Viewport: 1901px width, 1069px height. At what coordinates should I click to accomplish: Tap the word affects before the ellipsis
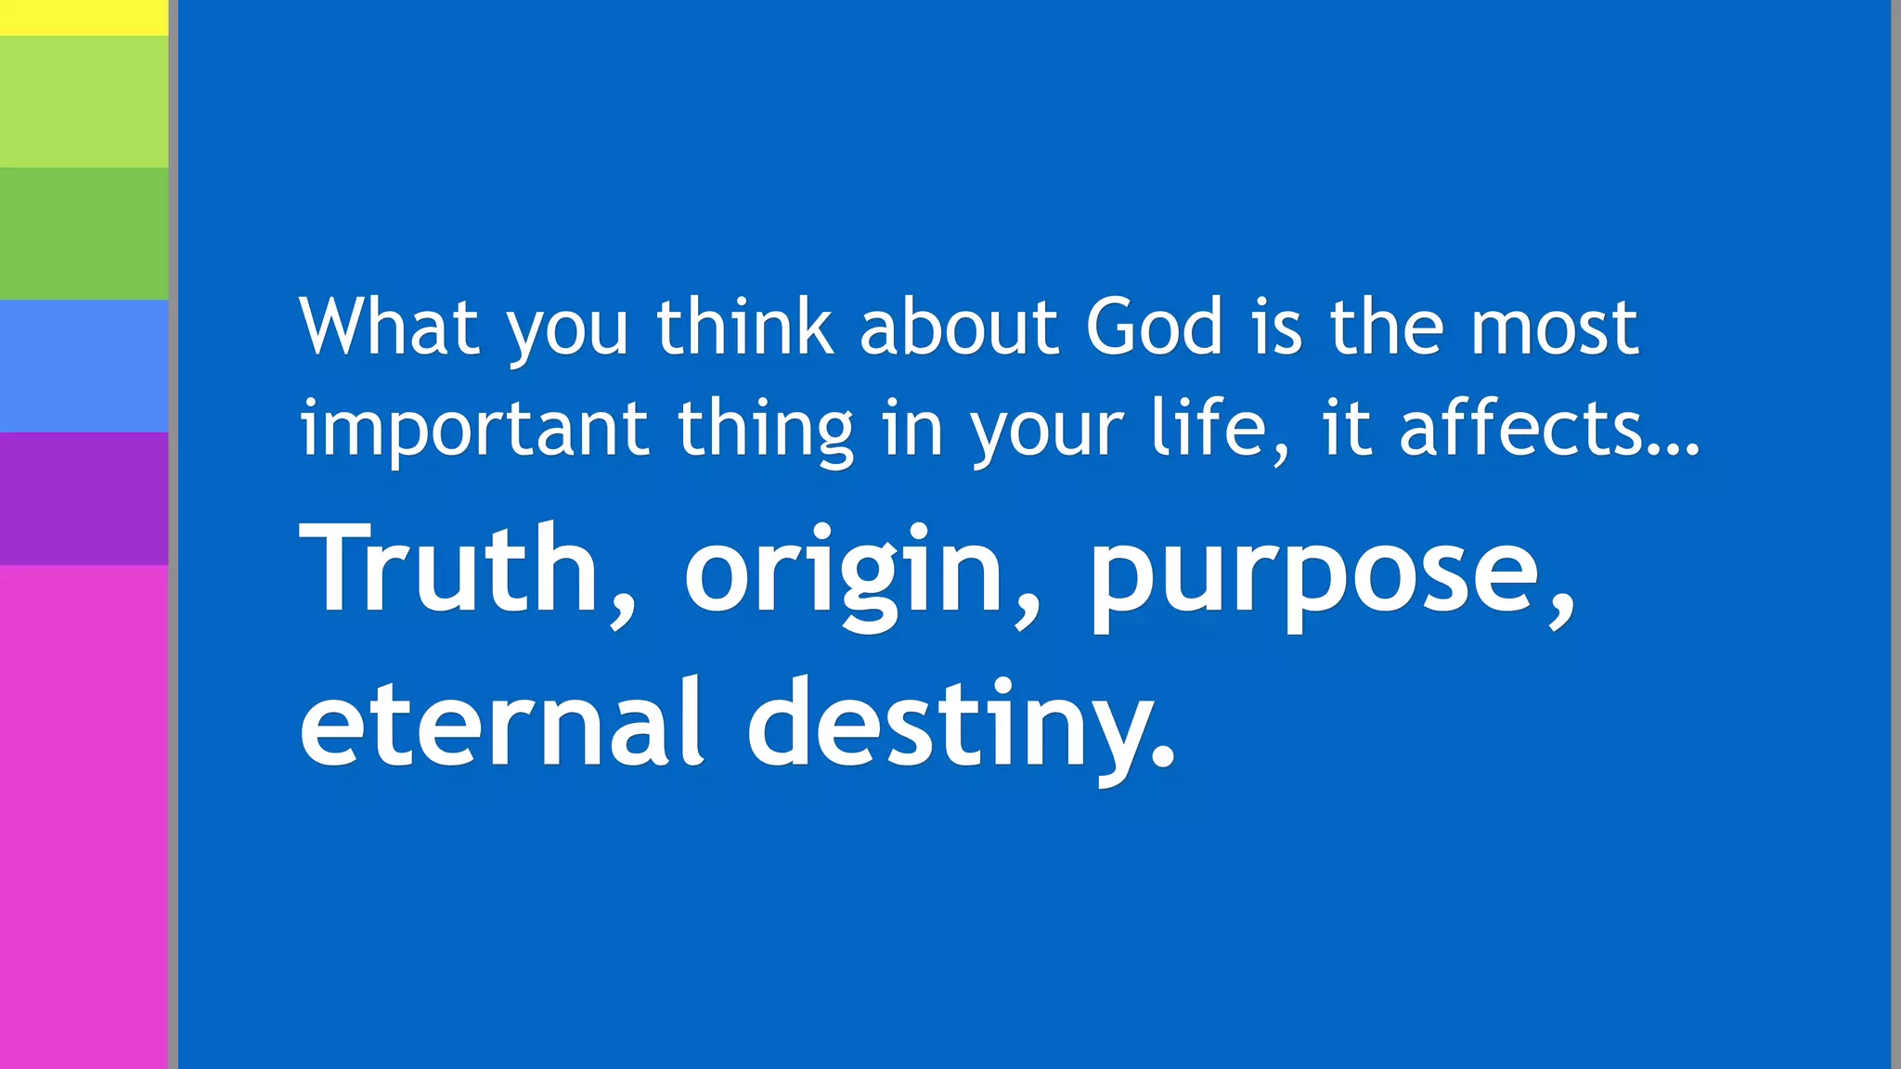click(x=1522, y=429)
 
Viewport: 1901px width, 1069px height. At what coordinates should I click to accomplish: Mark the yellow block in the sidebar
click(x=84, y=18)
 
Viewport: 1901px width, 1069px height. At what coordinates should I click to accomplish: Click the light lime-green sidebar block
click(x=84, y=102)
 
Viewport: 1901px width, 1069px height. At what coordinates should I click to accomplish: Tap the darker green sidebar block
click(x=84, y=234)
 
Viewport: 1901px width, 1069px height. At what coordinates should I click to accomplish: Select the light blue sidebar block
click(x=84, y=366)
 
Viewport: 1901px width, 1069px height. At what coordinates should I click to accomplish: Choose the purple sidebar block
click(x=84, y=498)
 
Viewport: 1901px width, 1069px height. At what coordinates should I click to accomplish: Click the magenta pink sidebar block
click(x=84, y=817)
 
